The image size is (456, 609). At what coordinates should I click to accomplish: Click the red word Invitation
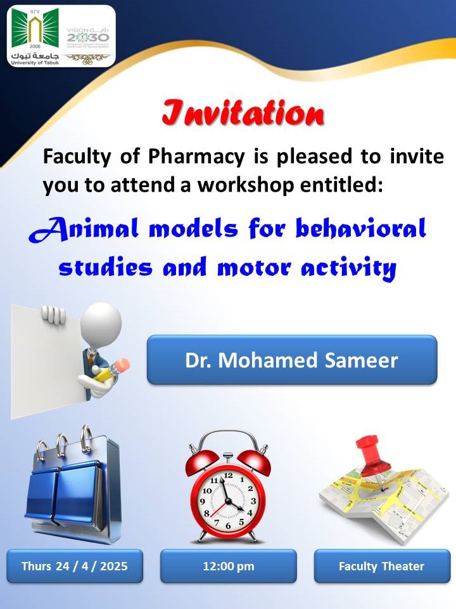(x=243, y=113)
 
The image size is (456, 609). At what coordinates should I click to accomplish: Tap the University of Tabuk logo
(x=35, y=36)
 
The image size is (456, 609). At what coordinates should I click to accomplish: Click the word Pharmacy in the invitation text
(x=196, y=157)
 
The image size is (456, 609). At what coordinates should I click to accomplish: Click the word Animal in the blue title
(x=84, y=229)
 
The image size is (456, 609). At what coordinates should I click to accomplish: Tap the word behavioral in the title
(x=361, y=228)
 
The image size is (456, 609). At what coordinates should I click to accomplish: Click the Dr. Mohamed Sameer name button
(x=292, y=360)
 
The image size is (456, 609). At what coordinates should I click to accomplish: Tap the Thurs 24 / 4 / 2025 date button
(x=75, y=566)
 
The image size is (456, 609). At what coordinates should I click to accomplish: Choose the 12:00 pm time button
(x=229, y=566)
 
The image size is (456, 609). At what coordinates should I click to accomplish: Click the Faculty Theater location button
(x=382, y=566)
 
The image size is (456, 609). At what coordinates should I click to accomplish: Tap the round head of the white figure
(x=101, y=325)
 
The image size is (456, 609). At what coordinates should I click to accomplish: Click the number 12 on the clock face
(x=229, y=475)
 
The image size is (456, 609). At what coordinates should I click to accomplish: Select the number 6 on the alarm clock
(x=228, y=526)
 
